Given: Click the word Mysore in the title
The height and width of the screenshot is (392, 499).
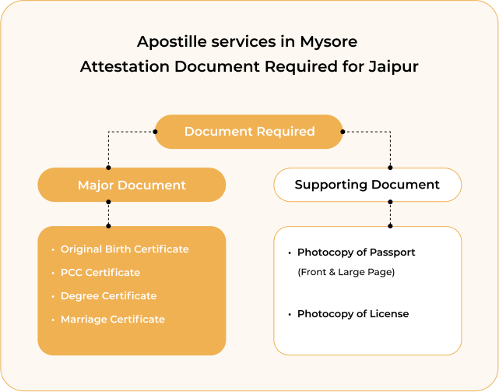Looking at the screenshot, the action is (x=329, y=42).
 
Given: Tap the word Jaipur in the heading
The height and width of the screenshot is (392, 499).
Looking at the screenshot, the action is (x=393, y=67).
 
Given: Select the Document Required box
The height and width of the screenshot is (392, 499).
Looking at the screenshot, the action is (x=249, y=132).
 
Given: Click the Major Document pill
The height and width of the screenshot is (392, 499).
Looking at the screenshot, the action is (x=132, y=185).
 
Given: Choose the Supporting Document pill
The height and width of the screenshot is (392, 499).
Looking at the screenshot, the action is (x=367, y=185).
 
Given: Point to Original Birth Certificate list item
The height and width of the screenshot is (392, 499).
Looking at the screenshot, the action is (x=125, y=249).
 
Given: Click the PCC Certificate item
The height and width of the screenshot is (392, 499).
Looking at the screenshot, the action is (x=100, y=273).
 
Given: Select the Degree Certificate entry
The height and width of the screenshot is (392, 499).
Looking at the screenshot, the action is (x=108, y=296).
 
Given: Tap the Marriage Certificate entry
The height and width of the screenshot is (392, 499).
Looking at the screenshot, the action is (x=113, y=320).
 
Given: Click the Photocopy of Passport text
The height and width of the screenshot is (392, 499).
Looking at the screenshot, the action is (x=356, y=253).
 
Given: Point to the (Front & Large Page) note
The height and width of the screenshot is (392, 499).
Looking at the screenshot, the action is (x=346, y=272).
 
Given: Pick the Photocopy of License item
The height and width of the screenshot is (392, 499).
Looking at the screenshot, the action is (x=353, y=314).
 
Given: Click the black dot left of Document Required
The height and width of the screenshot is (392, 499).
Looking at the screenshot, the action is (x=155, y=132).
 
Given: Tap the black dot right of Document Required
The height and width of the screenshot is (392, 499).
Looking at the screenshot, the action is (x=343, y=132).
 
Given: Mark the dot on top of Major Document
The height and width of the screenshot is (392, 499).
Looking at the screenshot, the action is (x=108, y=168).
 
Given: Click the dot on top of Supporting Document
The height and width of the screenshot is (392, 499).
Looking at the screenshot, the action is (x=391, y=168).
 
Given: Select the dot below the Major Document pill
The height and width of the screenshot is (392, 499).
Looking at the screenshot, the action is (x=108, y=202).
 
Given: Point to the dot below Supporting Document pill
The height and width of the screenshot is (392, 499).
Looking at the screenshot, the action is (x=391, y=202).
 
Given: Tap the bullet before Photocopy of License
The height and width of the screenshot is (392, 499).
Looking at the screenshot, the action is (x=290, y=315).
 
